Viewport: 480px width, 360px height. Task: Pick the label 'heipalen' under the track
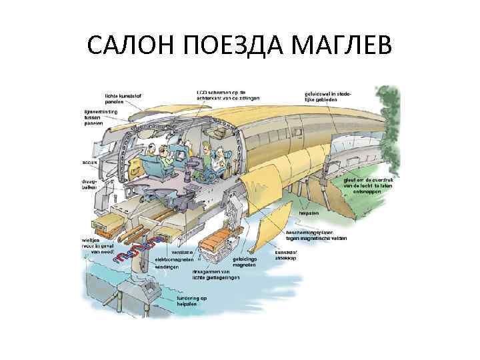pos(309,213)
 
